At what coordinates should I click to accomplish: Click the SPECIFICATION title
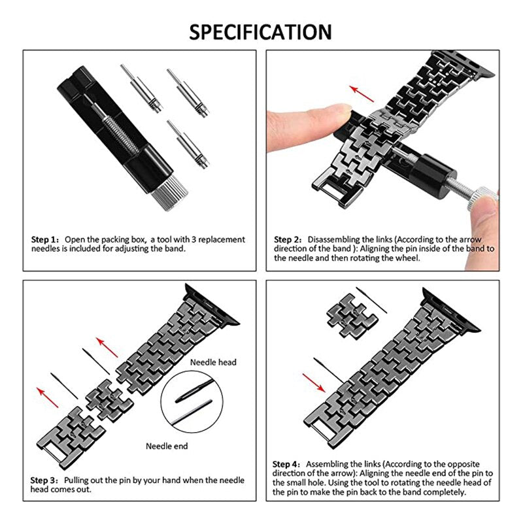click(260, 32)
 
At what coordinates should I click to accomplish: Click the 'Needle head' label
click(213, 362)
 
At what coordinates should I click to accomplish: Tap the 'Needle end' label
click(167, 446)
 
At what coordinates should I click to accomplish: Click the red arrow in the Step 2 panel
click(362, 93)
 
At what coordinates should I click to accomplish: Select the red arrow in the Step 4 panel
click(314, 383)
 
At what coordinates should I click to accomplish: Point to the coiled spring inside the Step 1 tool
click(120, 134)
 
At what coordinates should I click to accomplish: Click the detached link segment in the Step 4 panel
click(352, 316)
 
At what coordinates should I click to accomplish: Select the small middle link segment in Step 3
click(109, 399)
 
